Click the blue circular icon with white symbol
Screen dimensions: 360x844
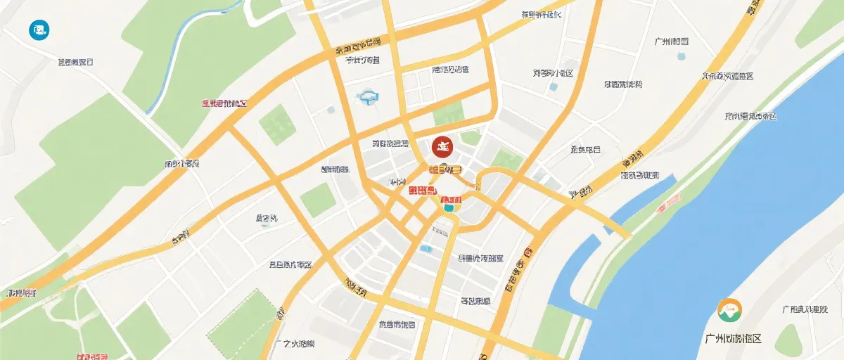[39, 30]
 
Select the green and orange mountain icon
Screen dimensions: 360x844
[729, 310]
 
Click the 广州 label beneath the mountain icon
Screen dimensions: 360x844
[733, 338]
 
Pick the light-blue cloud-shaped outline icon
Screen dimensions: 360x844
[369, 97]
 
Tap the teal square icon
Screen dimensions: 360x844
[448, 207]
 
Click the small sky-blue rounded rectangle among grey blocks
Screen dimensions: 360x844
[426, 248]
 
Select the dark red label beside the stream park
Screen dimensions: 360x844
[224, 103]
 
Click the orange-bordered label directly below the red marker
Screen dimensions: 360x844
[445, 169]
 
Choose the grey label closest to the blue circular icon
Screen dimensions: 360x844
[75, 62]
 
